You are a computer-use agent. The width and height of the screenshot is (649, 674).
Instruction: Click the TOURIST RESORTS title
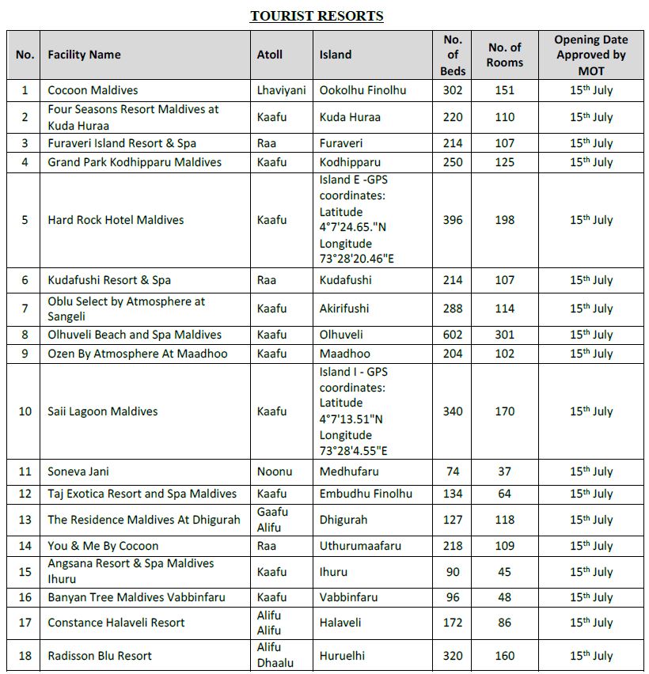coord(317,16)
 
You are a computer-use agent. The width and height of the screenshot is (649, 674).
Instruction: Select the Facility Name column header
coord(84,55)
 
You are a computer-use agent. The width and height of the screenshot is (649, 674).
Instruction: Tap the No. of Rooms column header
coord(505,55)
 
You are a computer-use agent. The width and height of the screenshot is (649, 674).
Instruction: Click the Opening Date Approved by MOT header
coord(590,55)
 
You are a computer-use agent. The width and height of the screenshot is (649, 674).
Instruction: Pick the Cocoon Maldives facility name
coord(93,90)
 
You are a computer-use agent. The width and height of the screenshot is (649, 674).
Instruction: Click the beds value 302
coord(453,90)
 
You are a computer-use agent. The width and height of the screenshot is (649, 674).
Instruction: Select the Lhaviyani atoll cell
coord(281,90)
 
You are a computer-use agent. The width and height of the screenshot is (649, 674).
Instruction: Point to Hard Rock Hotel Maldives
coord(116,220)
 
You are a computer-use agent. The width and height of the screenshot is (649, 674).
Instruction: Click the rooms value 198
coord(505,220)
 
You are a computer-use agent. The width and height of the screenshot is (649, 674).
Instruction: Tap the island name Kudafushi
coord(345,280)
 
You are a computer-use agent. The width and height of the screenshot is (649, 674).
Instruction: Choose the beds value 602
coord(453,335)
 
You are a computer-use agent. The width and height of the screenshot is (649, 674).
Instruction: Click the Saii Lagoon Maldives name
coord(103,411)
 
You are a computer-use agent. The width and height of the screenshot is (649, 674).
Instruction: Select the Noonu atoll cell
coord(275,471)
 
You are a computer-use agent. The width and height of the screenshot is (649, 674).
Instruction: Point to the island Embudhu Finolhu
coord(366,494)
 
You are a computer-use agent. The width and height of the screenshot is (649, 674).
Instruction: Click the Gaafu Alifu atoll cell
coord(273,520)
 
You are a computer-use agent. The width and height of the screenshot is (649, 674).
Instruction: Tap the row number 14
coord(25,546)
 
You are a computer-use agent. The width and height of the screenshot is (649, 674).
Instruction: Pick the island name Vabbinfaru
coord(348,597)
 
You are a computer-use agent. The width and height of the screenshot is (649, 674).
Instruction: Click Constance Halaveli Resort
coord(116,623)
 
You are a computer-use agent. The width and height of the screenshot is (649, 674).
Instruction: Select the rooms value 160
coord(505,656)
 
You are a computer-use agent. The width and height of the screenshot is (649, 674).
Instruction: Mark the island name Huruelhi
coord(343,656)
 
